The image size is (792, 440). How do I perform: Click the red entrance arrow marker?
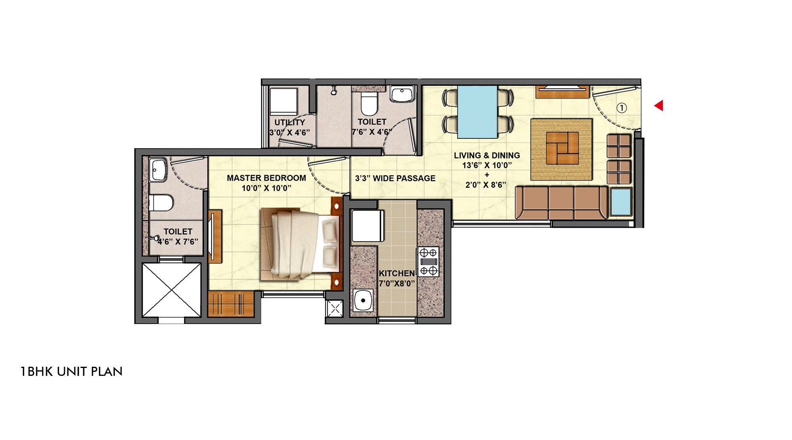click(x=659, y=106)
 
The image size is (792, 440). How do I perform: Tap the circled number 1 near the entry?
click(x=622, y=108)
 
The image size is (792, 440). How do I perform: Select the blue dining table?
click(x=477, y=111)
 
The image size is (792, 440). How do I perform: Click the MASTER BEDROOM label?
click(x=266, y=178)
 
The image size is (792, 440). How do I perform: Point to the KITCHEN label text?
click(x=396, y=273)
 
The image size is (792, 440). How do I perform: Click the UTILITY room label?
click(x=289, y=122)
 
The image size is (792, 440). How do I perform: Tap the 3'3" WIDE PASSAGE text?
click(x=395, y=178)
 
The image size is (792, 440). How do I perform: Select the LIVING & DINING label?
click(x=487, y=155)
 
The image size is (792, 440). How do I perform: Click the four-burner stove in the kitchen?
click(x=428, y=261)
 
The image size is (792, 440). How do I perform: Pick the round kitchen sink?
click(x=362, y=301)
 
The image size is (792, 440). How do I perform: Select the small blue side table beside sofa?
click(x=621, y=202)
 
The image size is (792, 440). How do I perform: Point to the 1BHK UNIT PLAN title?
click(x=71, y=371)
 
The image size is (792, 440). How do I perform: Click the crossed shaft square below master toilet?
click(x=171, y=290)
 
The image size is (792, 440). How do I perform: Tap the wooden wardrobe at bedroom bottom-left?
click(x=230, y=304)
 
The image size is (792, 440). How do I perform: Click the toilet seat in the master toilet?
click(x=161, y=203)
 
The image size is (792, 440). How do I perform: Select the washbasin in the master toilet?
click(x=158, y=170)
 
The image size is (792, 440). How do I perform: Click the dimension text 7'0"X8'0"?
click(x=396, y=284)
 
